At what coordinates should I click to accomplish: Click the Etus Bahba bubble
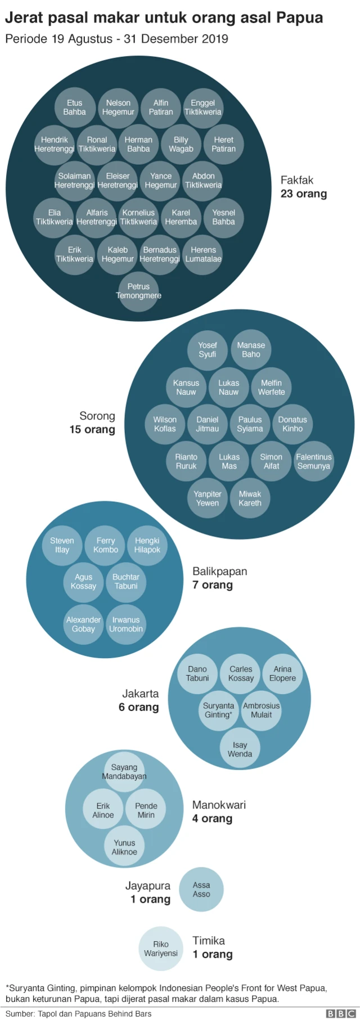point(74,107)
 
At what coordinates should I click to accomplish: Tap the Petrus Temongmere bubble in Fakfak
point(138,291)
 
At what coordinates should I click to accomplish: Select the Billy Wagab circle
point(181,145)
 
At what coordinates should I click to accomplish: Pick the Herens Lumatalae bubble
point(203,254)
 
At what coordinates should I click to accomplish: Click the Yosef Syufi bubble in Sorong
point(207,350)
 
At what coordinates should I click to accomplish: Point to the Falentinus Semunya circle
point(313,461)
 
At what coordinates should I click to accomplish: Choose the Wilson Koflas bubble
point(165,424)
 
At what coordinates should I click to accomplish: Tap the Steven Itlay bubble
point(62,545)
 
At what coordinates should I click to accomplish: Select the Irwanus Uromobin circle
point(126,624)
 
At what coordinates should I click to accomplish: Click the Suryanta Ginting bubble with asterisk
point(218,710)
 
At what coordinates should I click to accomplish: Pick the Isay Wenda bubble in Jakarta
point(240,749)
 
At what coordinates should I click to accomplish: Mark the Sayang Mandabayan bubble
point(124,772)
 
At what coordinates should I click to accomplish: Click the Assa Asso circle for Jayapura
point(201,889)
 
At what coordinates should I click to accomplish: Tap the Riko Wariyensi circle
point(161,948)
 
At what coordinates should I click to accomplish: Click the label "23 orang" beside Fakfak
point(303,194)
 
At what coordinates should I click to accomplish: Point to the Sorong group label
point(97,416)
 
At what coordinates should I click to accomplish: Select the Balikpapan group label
point(219,572)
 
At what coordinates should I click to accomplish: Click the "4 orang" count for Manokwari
point(212,818)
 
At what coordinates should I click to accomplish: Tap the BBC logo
point(340,1014)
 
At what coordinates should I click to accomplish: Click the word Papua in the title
point(299,18)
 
